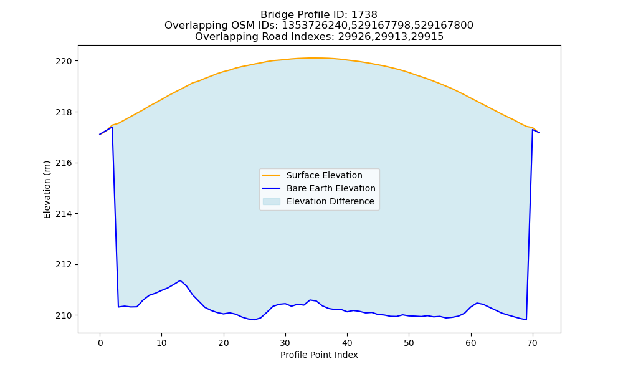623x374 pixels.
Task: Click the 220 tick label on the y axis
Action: pyautogui.click(x=64, y=61)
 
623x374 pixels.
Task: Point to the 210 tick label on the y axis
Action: pyautogui.click(x=64, y=315)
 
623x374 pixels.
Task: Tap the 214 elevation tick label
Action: pyautogui.click(x=64, y=214)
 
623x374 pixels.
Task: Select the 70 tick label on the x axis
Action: pyautogui.click(x=533, y=343)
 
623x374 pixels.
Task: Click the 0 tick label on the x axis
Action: pyautogui.click(x=100, y=343)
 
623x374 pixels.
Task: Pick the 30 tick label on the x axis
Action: pyautogui.click(x=285, y=343)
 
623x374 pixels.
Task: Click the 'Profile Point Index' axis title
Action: pyautogui.click(x=319, y=355)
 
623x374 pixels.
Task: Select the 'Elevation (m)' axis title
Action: pyautogui.click(x=47, y=189)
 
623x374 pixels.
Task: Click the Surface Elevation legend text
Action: pyautogui.click(x=324, y=175)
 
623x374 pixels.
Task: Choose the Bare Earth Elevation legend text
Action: pyautogui.click(x=331, y=188)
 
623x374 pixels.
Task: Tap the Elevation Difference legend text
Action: pyautogui.click(x=330, y=201)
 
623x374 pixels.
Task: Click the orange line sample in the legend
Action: pyautogui.click(x=272, y=175)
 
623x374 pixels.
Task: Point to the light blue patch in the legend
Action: pyautogui.click(x=272, y=201)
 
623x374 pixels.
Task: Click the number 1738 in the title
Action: pyautogui.click(x=364, y=15)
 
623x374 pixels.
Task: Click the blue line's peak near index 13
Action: pyautogui.click(x=181, y=280)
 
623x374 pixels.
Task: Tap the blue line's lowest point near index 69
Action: pyautogui.click(x=526, y=320)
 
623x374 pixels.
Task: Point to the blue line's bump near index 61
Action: pyautogui.click(x=477, y=303)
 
